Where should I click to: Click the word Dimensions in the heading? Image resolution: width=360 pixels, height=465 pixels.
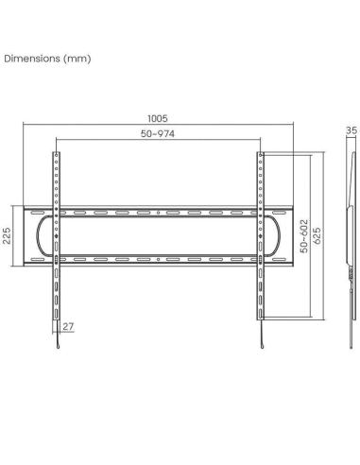pyautogui.click(x=32, y=59)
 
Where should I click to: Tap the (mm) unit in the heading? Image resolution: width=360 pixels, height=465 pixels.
pyautogui.click(x=77, y=59)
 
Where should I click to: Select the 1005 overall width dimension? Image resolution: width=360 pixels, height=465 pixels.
pyautogui.click(x=158, y=120)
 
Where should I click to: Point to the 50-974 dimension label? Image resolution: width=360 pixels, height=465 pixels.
pyautogui.click(x=158, y=135)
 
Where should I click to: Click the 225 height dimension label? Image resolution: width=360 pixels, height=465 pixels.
pyautogui.click(x=8, y=234)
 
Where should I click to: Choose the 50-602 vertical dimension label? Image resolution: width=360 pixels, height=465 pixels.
pyautogui.click(x=304, y=233)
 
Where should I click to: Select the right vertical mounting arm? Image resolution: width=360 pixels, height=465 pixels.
pyautogui.click(x=260, y=284)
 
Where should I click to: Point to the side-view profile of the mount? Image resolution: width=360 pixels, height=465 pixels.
pyautogui.click(x=351, y=236)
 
